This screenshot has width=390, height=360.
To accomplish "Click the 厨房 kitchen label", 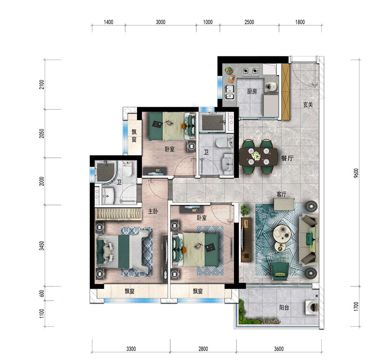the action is (252, 92).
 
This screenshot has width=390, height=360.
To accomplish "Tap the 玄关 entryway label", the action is (308, 105).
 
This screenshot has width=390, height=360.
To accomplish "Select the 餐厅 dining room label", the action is (287, 158).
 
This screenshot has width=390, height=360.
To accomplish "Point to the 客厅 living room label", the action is (281, 194).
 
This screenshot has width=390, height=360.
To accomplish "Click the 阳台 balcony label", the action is (284, 307).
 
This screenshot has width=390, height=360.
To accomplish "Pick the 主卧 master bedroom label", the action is (153, 211).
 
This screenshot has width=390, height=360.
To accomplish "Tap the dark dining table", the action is (258, 157).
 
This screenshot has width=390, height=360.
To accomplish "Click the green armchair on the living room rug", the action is (280, 271).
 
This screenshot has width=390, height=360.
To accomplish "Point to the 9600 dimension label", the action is (356, 173).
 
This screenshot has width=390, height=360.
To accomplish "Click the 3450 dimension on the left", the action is (42, 246).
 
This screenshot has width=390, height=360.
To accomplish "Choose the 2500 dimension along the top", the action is (249, 22).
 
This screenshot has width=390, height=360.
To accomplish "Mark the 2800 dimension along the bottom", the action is (203, 349).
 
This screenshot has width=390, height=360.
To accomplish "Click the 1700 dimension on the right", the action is (356, 306).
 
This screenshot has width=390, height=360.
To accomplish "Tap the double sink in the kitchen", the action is (230, 92).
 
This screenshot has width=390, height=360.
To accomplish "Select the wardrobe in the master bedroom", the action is (118, 214).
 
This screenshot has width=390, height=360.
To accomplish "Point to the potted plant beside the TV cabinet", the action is (245, 210).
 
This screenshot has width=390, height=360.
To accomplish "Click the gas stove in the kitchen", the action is (250, 71).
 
